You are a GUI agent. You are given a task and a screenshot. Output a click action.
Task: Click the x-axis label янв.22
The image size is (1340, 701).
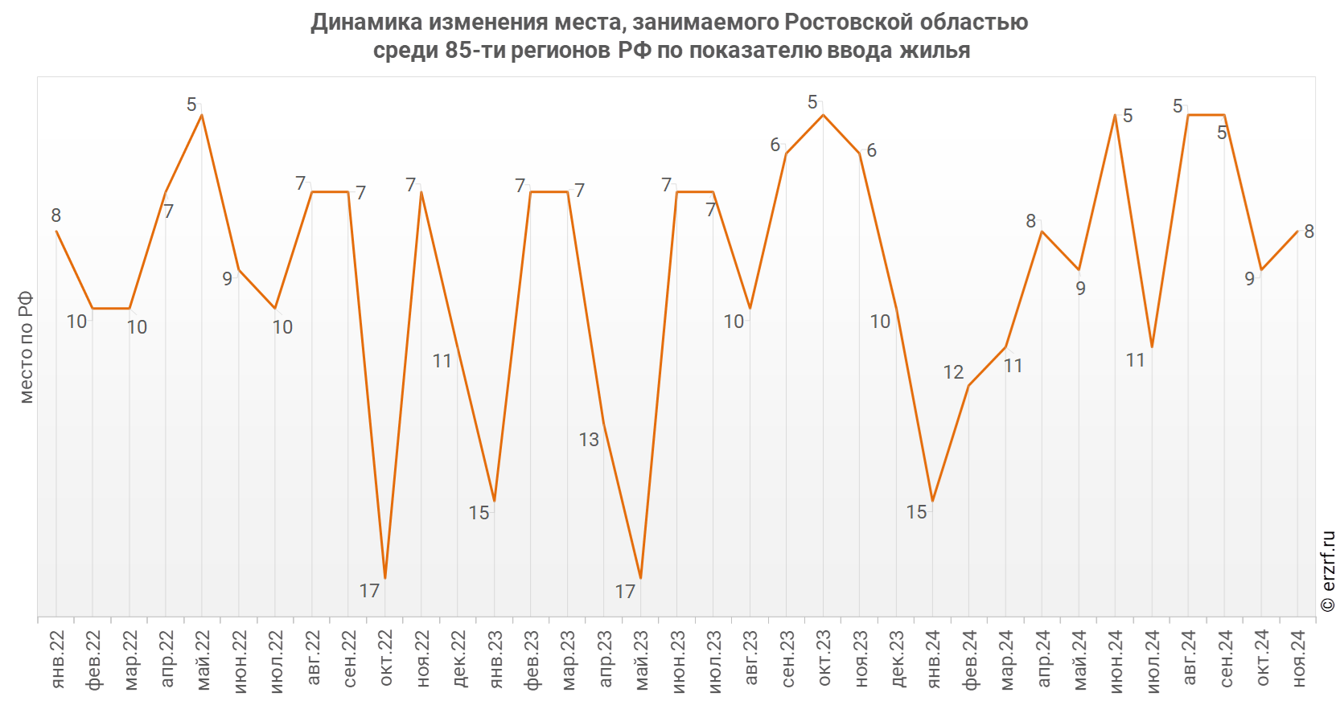[57, 659]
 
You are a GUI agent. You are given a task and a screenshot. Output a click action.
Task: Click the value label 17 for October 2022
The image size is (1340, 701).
[369, 591]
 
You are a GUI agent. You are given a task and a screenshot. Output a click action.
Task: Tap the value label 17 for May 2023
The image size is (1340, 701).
[625, 592]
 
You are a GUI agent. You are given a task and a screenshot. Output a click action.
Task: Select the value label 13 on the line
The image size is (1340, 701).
[589, 440]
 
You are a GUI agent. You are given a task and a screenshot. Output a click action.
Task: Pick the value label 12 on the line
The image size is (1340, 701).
[953, 372]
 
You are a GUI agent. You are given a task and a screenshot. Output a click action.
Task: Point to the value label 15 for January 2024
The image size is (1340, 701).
[916, 512]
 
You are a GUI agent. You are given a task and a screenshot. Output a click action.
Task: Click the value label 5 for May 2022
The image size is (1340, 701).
[191, 105]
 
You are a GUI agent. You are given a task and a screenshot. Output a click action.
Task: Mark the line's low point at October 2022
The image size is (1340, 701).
[385, 578]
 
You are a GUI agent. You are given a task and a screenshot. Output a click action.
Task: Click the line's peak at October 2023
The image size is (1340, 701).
[823, 115]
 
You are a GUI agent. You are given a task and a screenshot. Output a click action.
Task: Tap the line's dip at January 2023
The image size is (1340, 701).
[494, 501]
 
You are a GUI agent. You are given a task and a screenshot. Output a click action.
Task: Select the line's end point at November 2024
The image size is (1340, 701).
[1297, 232]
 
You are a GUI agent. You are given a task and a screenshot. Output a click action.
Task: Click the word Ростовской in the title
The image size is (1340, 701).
[849, 22]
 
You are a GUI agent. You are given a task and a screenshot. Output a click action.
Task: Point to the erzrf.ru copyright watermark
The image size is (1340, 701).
[1328, 571]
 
